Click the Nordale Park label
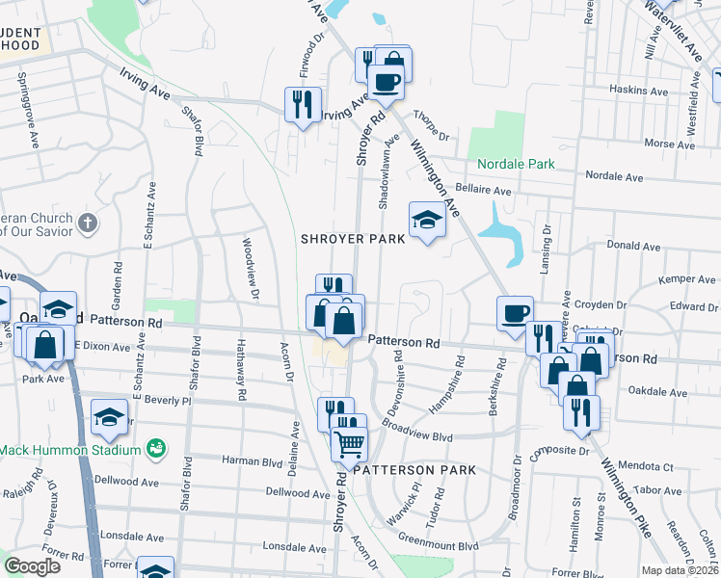click(512, 164)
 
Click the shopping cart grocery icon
click(349, 443)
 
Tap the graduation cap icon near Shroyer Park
click(426, 221)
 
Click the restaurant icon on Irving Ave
click(303, 105)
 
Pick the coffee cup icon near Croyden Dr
click(515, 313)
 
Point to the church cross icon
click(87, 224)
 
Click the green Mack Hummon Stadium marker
click(154, 449)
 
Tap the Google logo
click(33, 566)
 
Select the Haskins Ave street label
click(639, 90)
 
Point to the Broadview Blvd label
click(416, 430)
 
